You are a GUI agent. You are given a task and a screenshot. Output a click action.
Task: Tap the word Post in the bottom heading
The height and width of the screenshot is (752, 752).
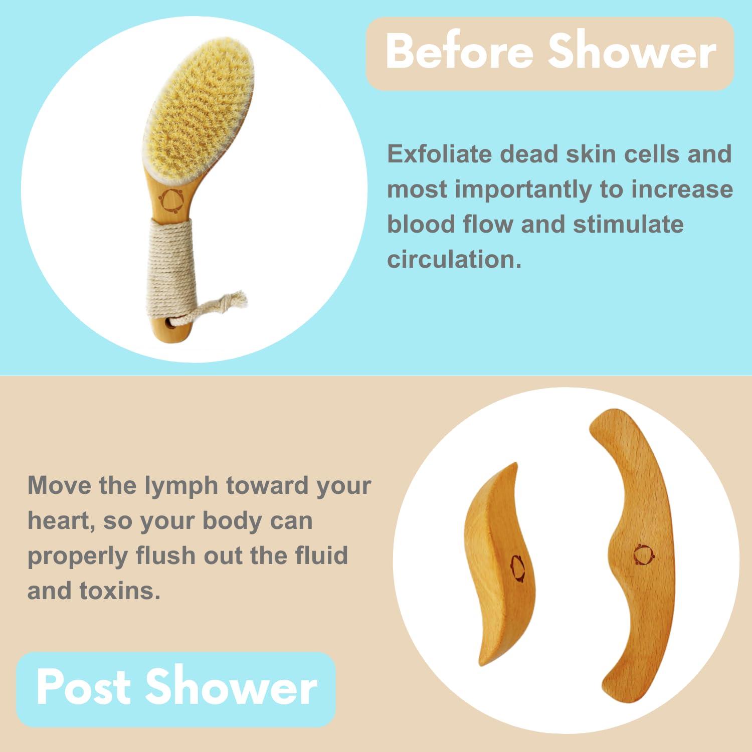[x=85, y=688]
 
